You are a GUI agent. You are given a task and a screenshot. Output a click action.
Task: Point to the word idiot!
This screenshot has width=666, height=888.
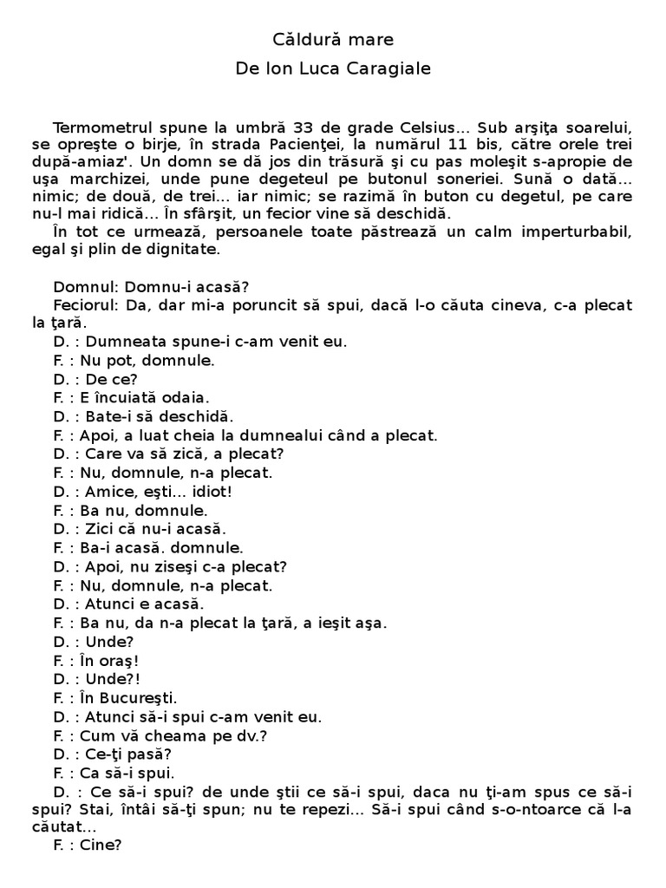coord(206,492)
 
